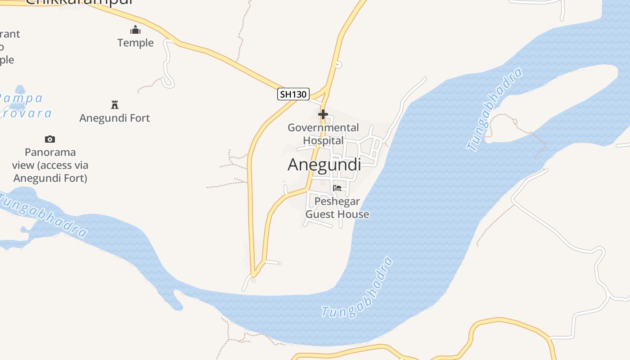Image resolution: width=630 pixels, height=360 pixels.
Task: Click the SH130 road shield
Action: pos(293,94)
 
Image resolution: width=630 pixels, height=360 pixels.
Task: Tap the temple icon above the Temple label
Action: pos(135,30)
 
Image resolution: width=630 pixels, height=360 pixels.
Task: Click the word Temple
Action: pos(135,43)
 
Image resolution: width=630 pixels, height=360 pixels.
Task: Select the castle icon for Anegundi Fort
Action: pos(115,105)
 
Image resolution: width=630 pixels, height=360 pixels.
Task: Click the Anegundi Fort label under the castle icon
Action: pos(115,118)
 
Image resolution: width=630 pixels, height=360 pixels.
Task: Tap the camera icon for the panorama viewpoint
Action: pos(50,139)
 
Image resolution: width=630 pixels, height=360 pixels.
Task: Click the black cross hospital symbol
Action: pos(323,114)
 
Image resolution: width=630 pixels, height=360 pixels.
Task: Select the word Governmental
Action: pos(323,128)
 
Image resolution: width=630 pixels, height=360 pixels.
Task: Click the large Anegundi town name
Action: pos(324,165)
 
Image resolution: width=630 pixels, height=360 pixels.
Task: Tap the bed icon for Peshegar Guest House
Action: pos(337,188)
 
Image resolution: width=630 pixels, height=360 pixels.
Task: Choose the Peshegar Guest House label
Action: pos(337,207)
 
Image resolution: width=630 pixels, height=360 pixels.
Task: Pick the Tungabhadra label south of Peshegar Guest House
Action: pos(358,288)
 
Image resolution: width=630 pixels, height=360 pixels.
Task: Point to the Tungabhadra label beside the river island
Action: pos(495,109)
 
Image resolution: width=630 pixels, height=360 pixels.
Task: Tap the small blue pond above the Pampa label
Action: pos(19,90)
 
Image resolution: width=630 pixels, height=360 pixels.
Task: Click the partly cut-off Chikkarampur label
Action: pos(79,2)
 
